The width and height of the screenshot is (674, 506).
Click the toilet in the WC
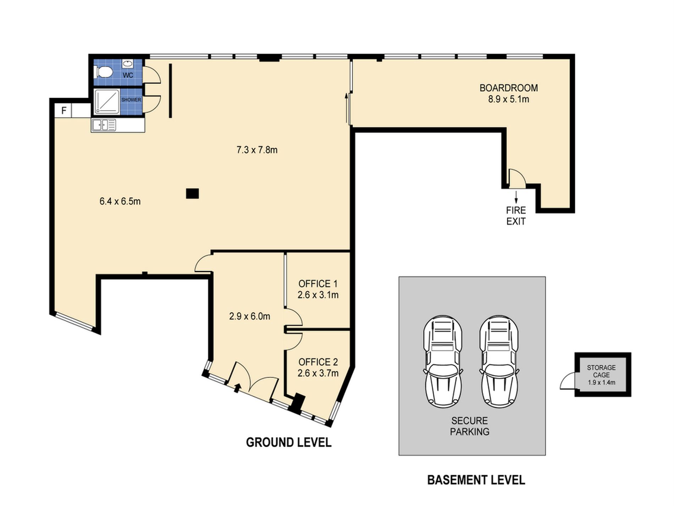point(104,72)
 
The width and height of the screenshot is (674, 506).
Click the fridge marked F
point(64,110)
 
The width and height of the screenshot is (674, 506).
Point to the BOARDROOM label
point(509,88)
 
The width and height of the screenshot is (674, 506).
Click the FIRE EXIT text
point(516,216)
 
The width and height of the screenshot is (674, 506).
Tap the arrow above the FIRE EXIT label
point(516,196)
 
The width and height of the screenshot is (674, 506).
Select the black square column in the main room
point(192,194)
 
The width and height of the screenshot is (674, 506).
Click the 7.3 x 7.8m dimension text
point(257,150)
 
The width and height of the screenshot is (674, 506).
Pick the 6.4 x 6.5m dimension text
point(120,201)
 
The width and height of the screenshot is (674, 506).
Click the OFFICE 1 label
point(318,284)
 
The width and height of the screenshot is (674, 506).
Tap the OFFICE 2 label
point(318,362)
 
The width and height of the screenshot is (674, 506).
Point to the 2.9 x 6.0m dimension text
point(250,316)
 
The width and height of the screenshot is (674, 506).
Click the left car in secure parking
point(443,362)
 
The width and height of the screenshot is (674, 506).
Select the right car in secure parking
point(499,362)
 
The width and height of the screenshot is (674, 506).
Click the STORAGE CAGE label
point(601,371)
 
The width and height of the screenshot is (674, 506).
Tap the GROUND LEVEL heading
point(289,442)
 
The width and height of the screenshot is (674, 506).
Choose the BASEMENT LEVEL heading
point(476,480)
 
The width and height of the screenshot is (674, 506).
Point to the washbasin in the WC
point(128,64)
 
